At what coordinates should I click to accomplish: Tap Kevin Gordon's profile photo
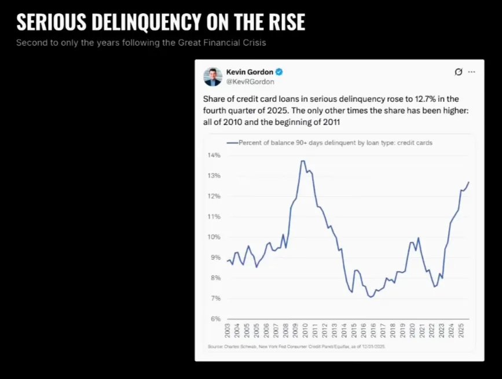click(x=212, y=76)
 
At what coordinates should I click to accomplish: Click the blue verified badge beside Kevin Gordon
click(x=279, y=72)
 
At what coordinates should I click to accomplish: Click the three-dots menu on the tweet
click(x=471, y=72)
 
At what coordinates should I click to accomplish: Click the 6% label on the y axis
click(x=215, y=319)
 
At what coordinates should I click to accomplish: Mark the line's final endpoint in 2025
click(x=469, y=182)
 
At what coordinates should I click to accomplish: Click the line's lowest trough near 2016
click(x=370, y=297)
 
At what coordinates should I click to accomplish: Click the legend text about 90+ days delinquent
click(x=335, y=142)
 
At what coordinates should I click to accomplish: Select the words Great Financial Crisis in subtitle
click(x=226, y=43)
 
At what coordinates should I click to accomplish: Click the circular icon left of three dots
click(x=458, y=72)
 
